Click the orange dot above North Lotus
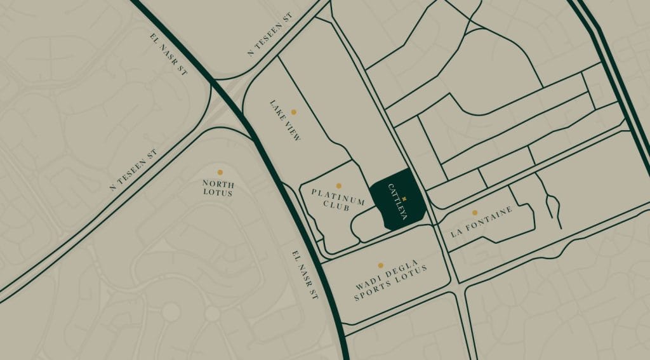[220, 172]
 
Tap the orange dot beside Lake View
[293, 112]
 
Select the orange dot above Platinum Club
[338, 186]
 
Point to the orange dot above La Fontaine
[474, 213]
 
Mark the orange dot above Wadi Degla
[381, 265]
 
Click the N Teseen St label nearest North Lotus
[133, 170]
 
